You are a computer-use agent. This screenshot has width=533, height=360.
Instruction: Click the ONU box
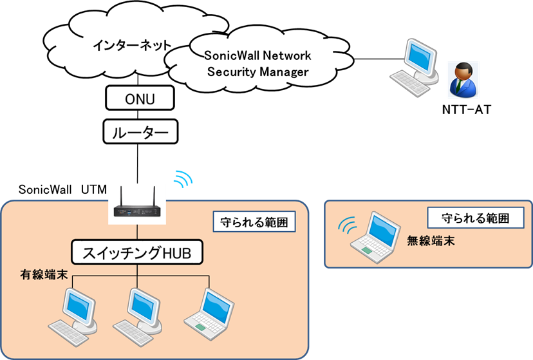139,99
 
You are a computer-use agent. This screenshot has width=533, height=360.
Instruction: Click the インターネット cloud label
131,46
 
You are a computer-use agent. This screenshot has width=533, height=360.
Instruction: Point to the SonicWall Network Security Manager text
257,63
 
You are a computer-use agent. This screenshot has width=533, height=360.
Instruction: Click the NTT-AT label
467,110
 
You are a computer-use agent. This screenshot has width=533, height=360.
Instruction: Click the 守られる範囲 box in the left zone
254,223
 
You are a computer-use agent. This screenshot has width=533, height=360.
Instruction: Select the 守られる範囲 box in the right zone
477,218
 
